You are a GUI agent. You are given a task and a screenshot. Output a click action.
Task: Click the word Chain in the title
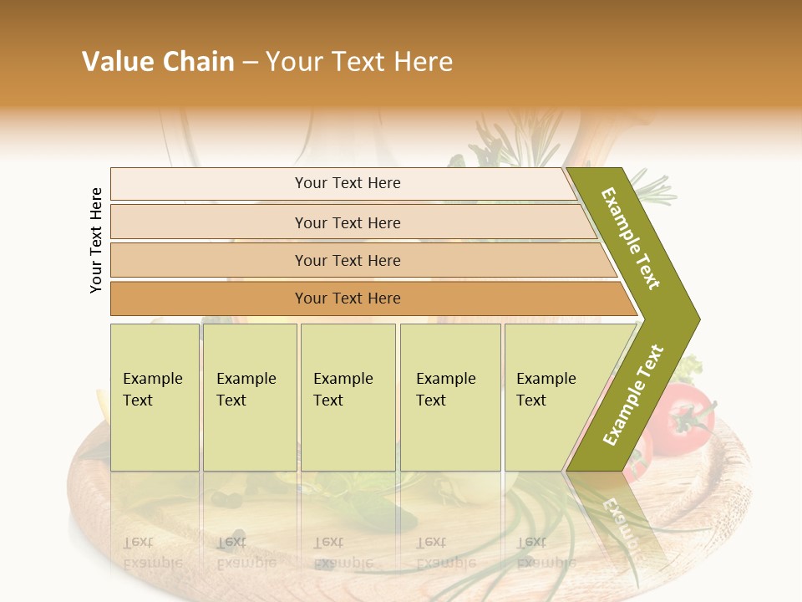pos(198,62)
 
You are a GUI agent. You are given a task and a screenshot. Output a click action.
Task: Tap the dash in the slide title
pos(250,63)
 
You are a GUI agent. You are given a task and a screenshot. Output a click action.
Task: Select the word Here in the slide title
pos(423,62)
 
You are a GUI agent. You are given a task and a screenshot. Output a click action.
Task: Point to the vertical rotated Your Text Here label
pos(96,240)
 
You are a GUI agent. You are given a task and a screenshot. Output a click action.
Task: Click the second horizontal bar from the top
pos(347,222)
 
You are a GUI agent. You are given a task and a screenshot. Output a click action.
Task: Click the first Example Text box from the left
pos(155,397)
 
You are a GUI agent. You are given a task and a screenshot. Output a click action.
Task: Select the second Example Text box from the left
pos(250,397)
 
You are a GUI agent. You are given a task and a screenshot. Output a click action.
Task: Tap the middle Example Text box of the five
pos(348,397)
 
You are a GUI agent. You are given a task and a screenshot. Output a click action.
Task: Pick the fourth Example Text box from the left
pos(450,397)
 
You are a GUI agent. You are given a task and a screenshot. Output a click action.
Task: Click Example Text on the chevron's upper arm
pos(632,239)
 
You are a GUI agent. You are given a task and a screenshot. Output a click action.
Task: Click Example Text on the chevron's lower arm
pos(632,395)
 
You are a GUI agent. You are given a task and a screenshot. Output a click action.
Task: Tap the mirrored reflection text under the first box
pos(155,552)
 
